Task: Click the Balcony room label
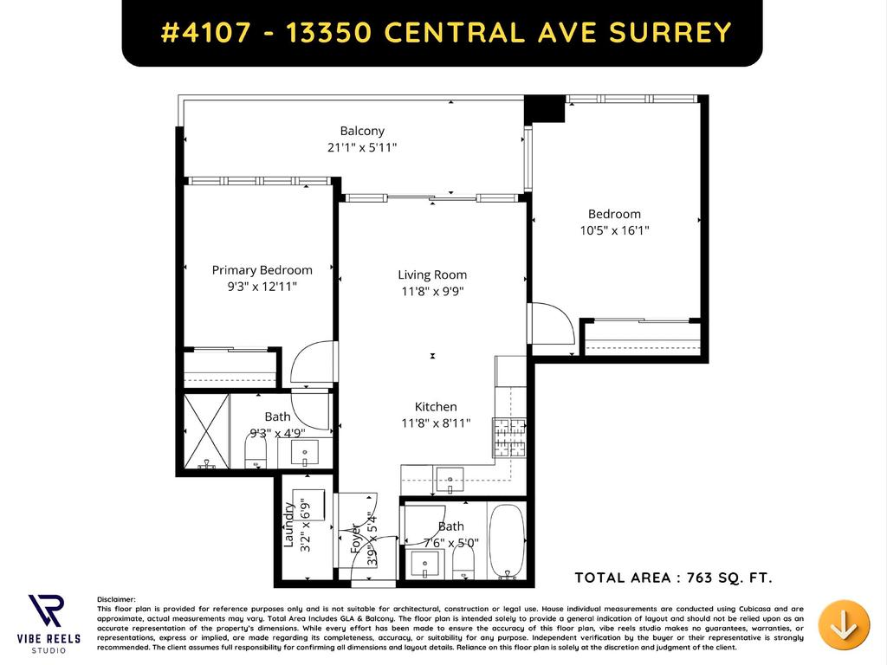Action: point(362,131)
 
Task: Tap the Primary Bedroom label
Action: point(262,270)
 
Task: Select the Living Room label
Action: point(432,274)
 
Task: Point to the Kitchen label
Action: point(435,407)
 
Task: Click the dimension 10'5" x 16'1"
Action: point(614,230)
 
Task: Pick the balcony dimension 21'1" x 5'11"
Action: point(362,147)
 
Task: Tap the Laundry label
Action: point(289,525)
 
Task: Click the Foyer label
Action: point(355,539)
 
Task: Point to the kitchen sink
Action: point(448,478)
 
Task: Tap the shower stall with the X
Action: point(206,430)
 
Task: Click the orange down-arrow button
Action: point(844,623)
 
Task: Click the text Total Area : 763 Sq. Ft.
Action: point(673,578)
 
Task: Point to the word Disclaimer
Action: point(117,599)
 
